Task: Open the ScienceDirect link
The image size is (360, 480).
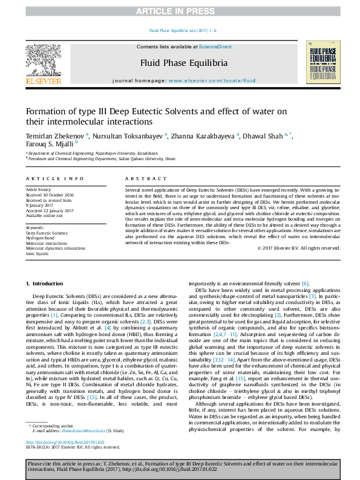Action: pyautogui.click(x=215, y=47)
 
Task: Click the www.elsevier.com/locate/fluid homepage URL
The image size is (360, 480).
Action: pyautogui.click(x=212, y=80)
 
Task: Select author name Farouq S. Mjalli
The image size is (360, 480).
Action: pyautogui.click(x=48, y=145)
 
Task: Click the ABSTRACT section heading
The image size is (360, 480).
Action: pyautogui.click(x=144, y=180)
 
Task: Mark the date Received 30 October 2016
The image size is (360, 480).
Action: pyautogui.click(x=49, y=195)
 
